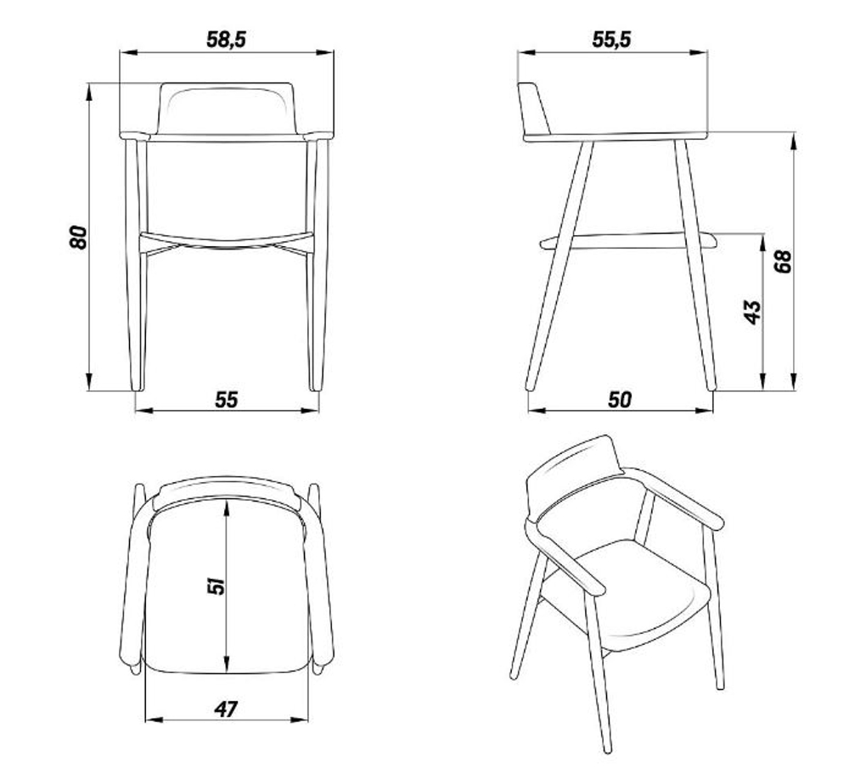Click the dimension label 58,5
[x=227, y=40]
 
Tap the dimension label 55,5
[x=612, y=40]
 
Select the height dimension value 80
[x=78, y=237]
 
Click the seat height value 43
[x=752, y=312]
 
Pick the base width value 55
[x=227, y=400]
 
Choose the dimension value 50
[x=620, y=400]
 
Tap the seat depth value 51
[x=216, y=586]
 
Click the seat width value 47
[x=226, y=709]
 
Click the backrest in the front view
[x=227, y=109]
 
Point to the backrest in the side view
[x=534, y=109]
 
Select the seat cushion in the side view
[x=628, y=241]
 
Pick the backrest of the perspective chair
[x=574, y=476]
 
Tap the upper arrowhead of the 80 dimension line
[x=88, y=92]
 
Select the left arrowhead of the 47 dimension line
[x=155, y=720]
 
